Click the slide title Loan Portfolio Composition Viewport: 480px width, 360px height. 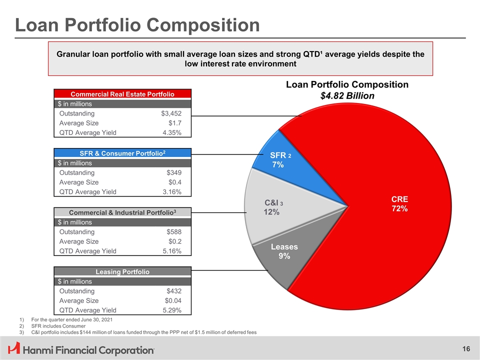pos(137,25)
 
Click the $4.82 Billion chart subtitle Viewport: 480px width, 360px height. pos(347,95)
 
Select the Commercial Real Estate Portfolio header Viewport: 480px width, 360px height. pos(122,93)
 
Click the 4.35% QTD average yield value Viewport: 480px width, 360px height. pos(172,132)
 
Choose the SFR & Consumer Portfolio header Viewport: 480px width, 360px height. pos(122,153)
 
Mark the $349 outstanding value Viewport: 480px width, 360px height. pos(173,172)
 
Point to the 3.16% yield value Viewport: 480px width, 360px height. pos(172,192)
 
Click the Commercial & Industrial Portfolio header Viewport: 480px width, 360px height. pos(122,212)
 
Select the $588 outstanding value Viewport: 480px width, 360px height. pos(173,232)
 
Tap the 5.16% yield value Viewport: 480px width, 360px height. pos(172,251)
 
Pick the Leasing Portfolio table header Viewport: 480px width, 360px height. pos(122,272)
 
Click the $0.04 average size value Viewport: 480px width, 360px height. pos(173,301)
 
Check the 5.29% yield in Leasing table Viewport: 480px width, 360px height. pos(172,310)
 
